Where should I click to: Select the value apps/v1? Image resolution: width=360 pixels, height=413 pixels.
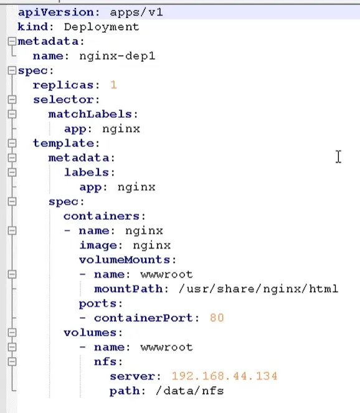coord(136,12)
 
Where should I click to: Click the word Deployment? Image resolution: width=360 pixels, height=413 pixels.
coord(102,27)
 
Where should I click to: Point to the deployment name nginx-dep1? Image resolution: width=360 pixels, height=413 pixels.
coord(117,56)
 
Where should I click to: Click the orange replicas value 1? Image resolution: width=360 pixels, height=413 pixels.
coord(113,85)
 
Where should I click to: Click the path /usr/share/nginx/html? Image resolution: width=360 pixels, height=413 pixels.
coord(258,289)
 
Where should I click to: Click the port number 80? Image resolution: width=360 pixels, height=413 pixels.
coord(217,318)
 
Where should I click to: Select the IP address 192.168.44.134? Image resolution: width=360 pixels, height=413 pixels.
coord(224,376)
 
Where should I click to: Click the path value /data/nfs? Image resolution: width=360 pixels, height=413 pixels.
coord(190,391)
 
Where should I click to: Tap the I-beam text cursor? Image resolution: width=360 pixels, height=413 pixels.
coord(338,157)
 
